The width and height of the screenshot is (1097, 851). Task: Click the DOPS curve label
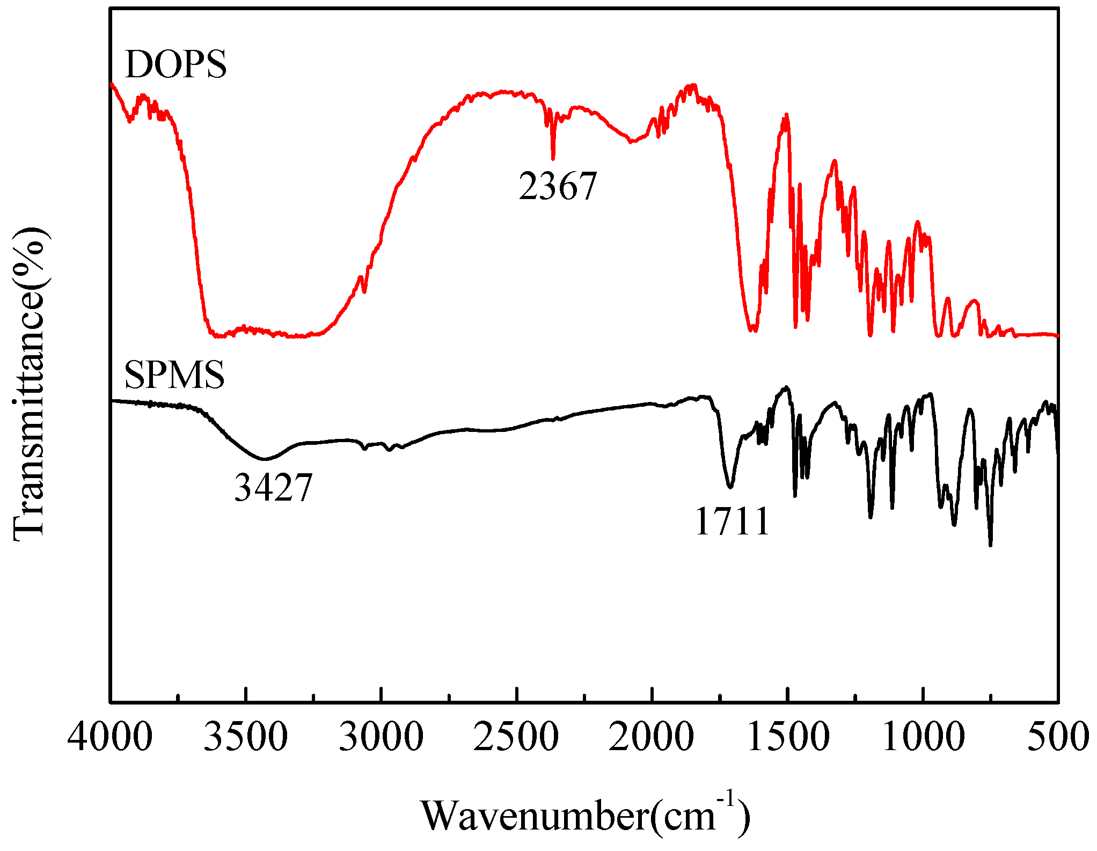click(175, 65)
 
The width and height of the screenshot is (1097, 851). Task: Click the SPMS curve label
click(174, 375)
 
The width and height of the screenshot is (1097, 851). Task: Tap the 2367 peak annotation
click(558, 187)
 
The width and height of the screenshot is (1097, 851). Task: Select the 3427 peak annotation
click(273, 488)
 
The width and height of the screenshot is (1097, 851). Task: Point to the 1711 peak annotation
click(733, 522)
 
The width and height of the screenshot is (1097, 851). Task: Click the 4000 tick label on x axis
click(110, 737)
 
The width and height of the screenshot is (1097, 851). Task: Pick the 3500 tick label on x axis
click(246, 737)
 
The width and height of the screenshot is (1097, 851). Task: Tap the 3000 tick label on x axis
click(381, 737)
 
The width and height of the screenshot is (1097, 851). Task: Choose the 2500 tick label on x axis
click(516, 737)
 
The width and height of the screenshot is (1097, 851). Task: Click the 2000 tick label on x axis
click(652, 737)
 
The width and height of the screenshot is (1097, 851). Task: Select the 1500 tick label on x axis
click(787, 737)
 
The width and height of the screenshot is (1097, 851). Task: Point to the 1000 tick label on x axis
click(923, 737)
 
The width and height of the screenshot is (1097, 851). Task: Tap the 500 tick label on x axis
click(1057, 737)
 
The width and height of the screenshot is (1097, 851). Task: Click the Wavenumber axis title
click(585, 816)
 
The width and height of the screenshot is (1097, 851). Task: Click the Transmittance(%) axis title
click(30, 384)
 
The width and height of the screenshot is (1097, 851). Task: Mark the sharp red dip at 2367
click(553, 158)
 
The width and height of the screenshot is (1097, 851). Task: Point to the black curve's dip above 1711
click(730, 487)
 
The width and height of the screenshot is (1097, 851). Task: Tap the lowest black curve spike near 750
click(990, 545)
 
